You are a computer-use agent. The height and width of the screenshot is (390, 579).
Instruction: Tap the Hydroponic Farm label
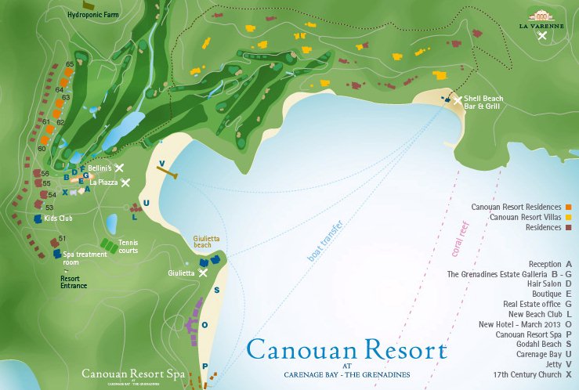pos(94,14)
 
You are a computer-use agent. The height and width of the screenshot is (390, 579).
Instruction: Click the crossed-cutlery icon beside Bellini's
pos(120,168)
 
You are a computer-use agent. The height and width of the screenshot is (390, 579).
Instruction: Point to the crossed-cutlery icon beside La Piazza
pos(125,182)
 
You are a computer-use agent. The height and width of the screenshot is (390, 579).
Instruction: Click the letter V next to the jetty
pos(161,164)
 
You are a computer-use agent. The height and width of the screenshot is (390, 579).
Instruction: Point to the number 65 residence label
pos(70,64)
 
